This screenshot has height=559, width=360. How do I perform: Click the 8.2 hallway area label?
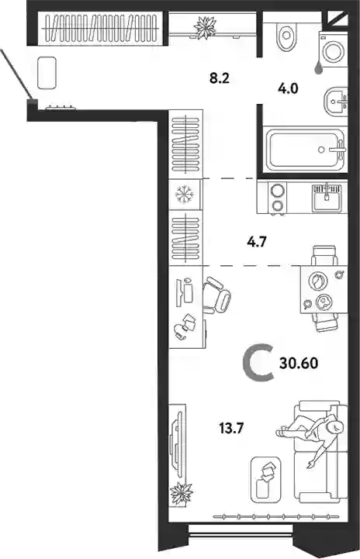[220, 78]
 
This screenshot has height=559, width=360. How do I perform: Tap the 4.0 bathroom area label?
[288, 88]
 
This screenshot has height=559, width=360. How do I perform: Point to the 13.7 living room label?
[231, 427]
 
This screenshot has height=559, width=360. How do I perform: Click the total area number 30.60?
[299, 364]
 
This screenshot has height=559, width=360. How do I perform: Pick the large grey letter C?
[258, 363]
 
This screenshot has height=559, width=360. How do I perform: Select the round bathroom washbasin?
[336, 102]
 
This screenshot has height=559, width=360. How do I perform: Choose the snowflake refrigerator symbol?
[184, 195]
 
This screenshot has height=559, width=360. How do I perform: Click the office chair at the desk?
[216, 295]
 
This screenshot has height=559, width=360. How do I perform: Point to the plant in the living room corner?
[182, 493]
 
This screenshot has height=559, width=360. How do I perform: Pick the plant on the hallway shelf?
[205, 26]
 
